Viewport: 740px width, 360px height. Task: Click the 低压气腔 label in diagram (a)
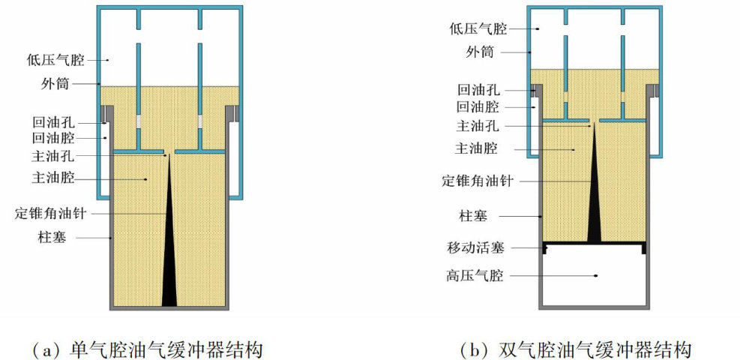click(58, 60)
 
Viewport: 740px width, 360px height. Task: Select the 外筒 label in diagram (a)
click(70, 82)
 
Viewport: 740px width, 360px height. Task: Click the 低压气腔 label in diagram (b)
click(478, 28)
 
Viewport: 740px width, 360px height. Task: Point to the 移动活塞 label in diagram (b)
click(478, 246)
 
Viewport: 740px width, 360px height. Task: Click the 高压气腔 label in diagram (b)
click(478, 276)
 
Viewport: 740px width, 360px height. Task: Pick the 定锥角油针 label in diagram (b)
click(478, 181)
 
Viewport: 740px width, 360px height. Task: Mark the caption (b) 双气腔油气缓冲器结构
click(575, 349)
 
